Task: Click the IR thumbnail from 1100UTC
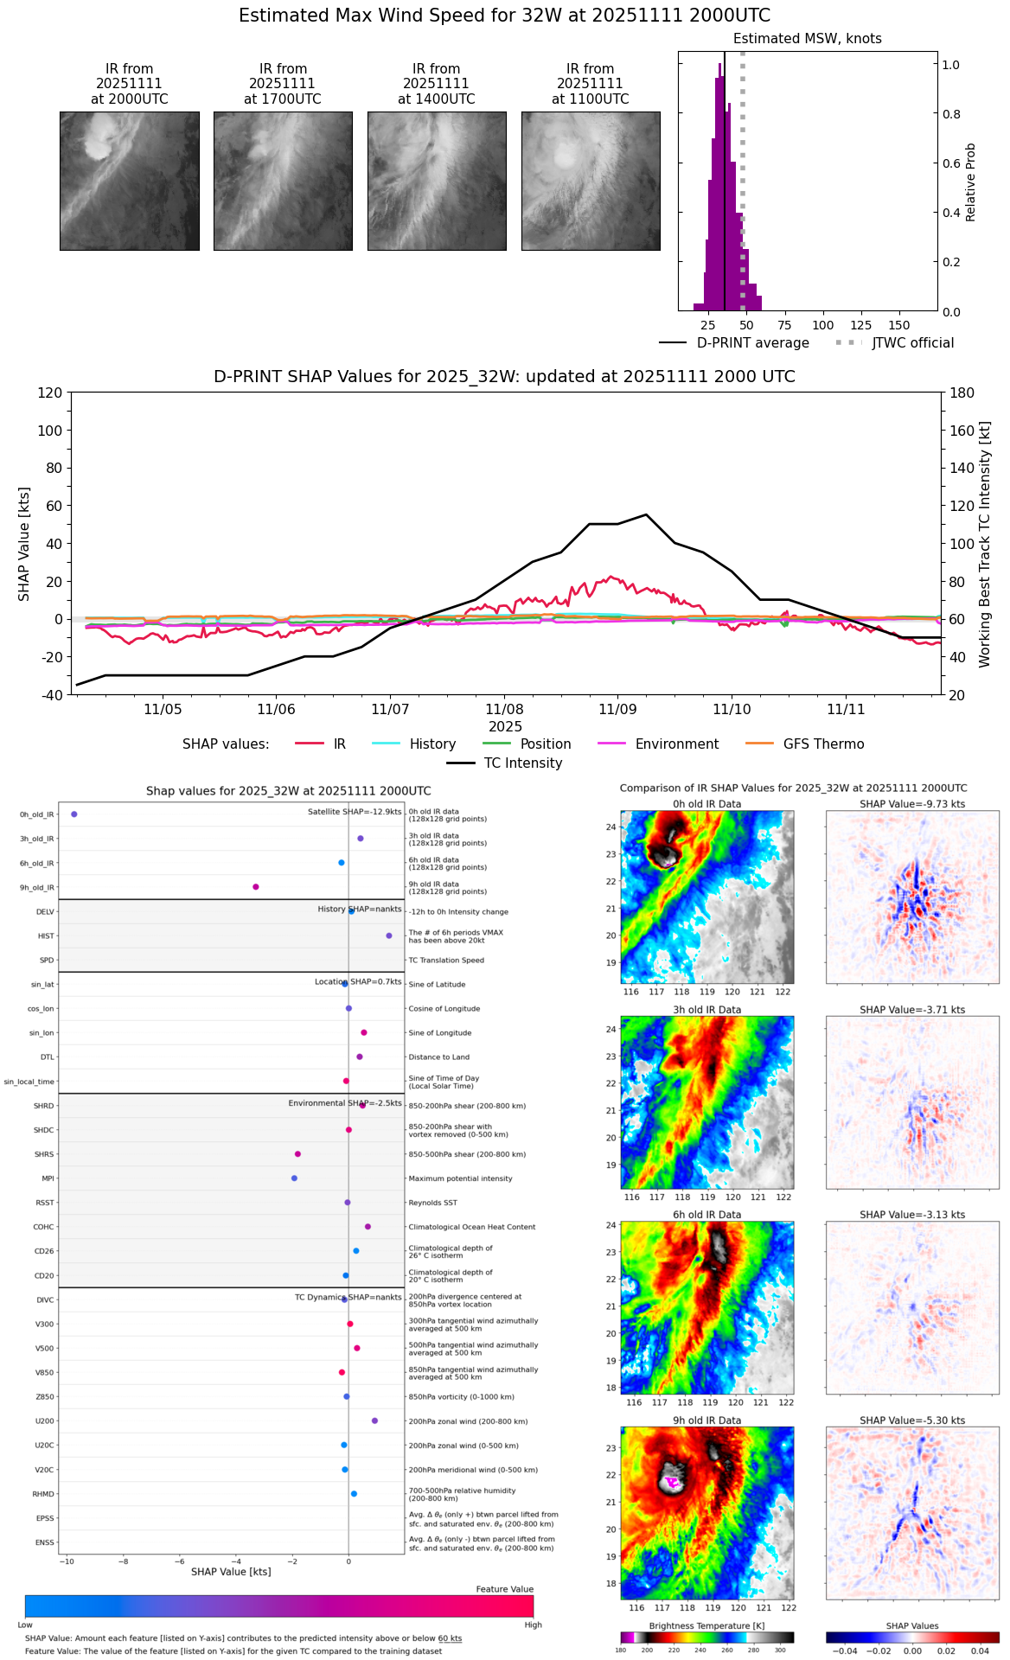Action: pyautogui.click(x=591, y=181)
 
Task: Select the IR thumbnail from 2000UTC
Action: pyautogui.click(x=130, y=181)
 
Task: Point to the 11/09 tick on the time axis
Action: pyautogui.click(x=617, y=709)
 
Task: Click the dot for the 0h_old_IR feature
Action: pyautogui.click(x=74, y=814)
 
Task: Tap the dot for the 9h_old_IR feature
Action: pyautogui.click(x=256, y=887)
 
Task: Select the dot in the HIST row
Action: pyautogui.click(x=389, y=935)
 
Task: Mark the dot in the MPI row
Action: pyautogui.click(x=295, y=1178)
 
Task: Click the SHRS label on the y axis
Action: pyautogui.click(x=44, y=1154)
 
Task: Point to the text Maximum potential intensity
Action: pyautogui.click(x=460, y=1178)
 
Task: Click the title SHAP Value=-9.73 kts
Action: pyautogui.click(x=912, y=804)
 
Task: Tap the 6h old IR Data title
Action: pyautogui.click(x=706, y=1215)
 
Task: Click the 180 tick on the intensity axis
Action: pyautogui.click(x=962, y=393)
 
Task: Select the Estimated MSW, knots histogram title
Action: pyautogui.click(x=807, y=39)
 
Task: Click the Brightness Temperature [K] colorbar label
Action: pyautogui.click(x=706, y=1626)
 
